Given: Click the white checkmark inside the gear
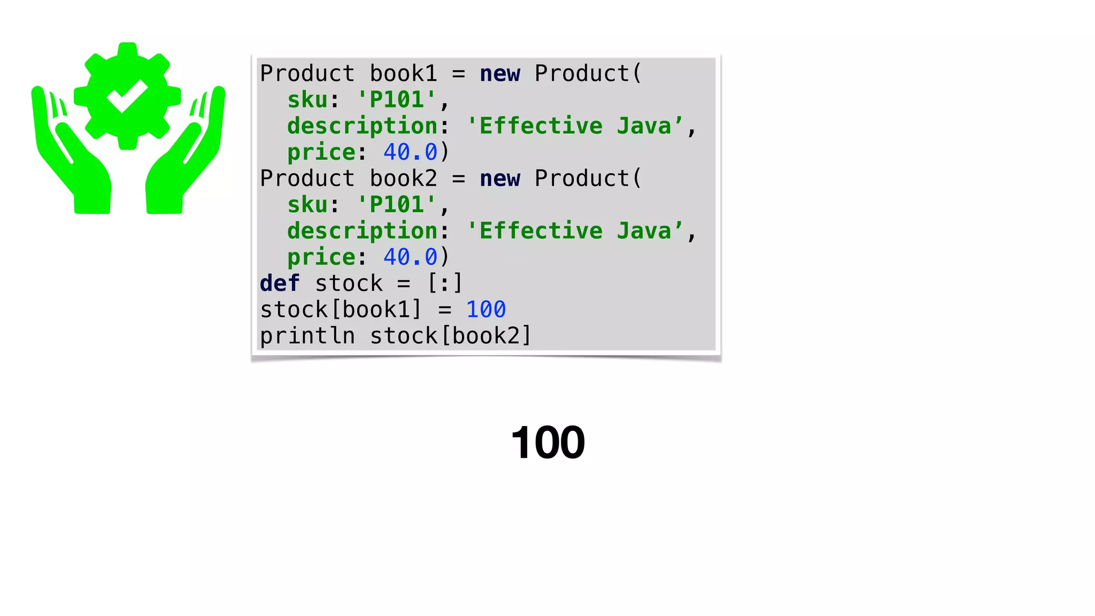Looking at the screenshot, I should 127,96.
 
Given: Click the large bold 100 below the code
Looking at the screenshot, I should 548,443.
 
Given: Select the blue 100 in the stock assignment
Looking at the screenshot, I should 485,310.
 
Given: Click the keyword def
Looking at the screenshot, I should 280,283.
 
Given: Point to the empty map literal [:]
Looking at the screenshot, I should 445,283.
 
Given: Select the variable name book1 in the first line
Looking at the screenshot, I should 404,74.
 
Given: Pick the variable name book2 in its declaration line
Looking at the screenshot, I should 404,179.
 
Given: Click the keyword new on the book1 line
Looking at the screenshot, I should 500,74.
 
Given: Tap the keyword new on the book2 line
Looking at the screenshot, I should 500,179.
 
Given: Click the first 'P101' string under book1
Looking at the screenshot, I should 397,100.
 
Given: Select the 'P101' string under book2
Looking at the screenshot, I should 397,205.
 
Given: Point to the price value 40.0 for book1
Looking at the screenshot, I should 411,152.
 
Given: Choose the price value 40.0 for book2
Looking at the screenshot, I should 411,257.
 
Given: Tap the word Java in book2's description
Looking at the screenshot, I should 644,231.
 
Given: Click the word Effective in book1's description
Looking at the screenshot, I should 541,126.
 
